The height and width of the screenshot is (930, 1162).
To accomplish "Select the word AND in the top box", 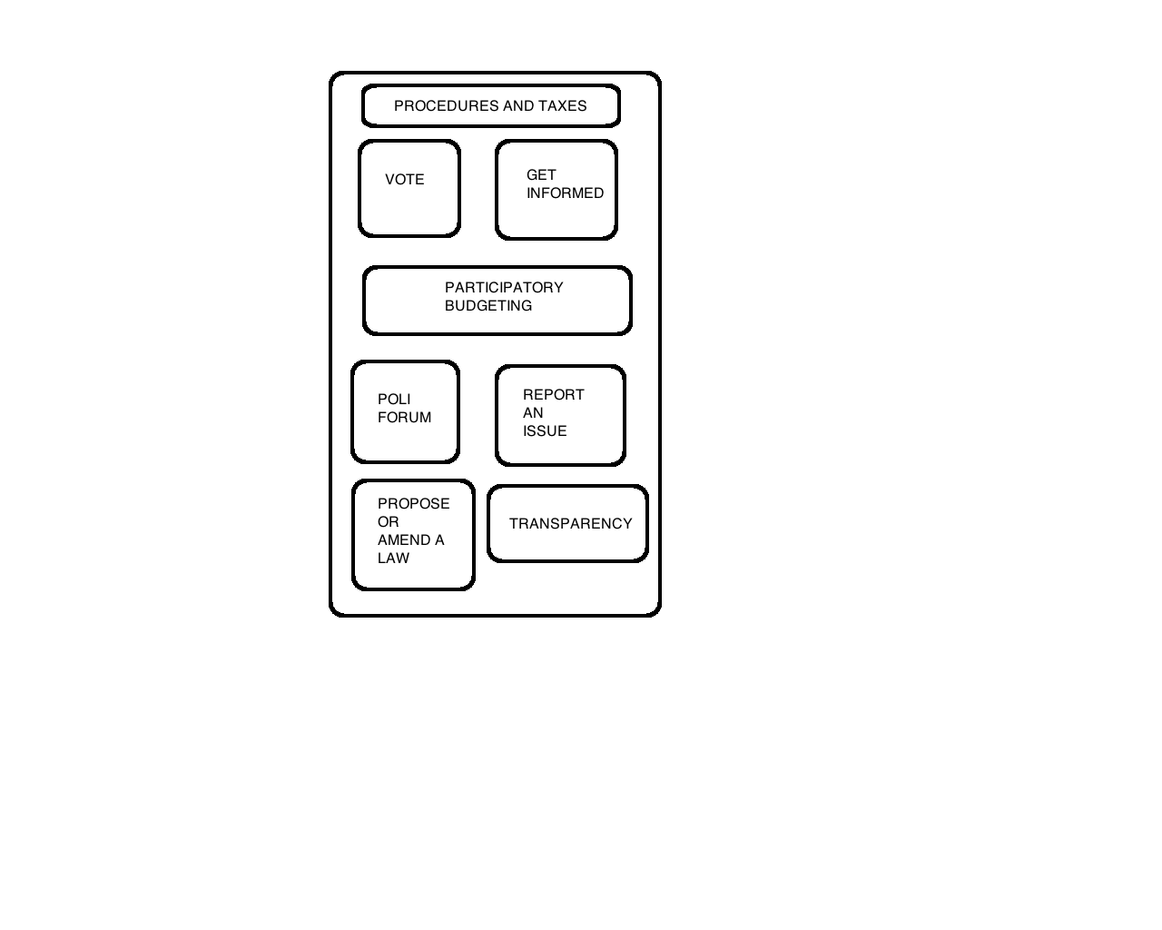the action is pyautogui.click(x=518, y=106).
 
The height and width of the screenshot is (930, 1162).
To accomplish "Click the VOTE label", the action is pyautogui.click(x=405, y=180).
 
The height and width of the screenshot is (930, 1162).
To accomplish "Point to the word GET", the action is pyautogui.click(x=541, y=175).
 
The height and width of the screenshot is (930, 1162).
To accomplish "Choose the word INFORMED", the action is pyautogui.click(x=565, y=193).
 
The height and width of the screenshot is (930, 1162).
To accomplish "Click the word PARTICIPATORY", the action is pyautogui.click(x=504, y=288).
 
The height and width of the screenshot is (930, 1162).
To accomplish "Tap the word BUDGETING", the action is pyautogui.click(x=488, y=306).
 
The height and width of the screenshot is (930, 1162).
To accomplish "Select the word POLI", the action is pyautogui.click(x=394, y=400).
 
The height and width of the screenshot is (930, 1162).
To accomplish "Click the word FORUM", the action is pyautogui.click(x=405, y=417).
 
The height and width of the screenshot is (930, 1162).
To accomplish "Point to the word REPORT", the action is pyautogui.click(x=554, y=394).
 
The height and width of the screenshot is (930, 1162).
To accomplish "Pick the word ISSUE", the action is pyautogui.click(x=545, y=430).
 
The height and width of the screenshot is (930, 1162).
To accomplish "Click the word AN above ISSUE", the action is pyautogui.click(x=533, y=413).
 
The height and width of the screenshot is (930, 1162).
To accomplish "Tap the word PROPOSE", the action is pyautogui.click(x=414, y=504).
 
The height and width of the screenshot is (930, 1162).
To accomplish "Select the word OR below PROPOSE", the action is pyautogui.click(x=389, y=522).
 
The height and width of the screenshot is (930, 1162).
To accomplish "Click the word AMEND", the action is pyautogui.click(x=404, y=539).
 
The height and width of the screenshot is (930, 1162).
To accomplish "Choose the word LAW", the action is pyautogui.click(x=394, y=559).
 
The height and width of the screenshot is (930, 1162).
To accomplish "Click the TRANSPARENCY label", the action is pyautogui.click(x=570, y=524).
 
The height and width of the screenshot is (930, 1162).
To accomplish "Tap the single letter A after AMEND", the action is pyautogui.click(x=439, y=539).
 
